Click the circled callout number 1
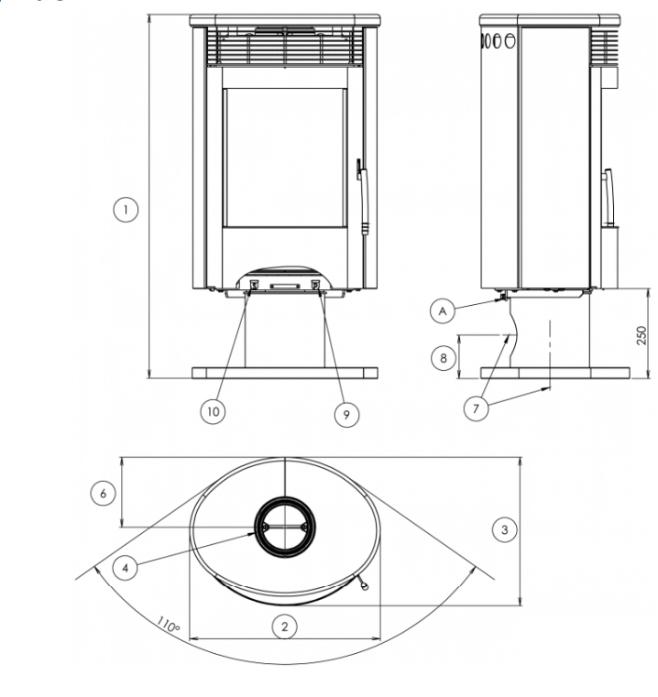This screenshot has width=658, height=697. [126, 210]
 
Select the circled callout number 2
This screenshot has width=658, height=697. [285, 626]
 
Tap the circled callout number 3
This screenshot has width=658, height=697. [505, 529]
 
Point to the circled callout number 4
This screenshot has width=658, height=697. [125, 568]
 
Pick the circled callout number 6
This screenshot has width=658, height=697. [104, 493]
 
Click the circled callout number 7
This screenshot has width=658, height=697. [476, 408]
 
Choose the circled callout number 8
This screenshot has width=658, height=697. [444, 358]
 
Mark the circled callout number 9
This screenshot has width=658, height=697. [346, 414]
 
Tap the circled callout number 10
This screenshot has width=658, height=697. [213, 411]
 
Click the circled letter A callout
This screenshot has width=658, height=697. [443, 311]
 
